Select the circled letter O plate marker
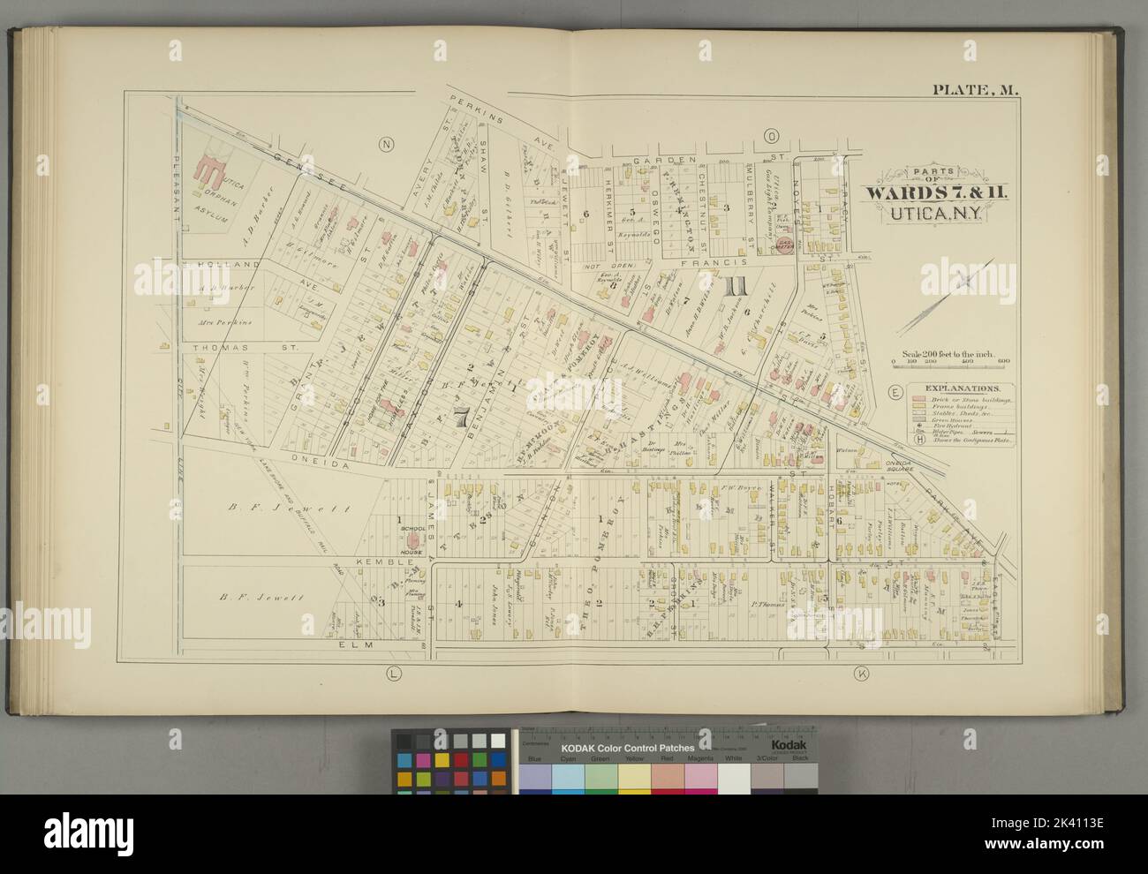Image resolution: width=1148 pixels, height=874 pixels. click(771, 136)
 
